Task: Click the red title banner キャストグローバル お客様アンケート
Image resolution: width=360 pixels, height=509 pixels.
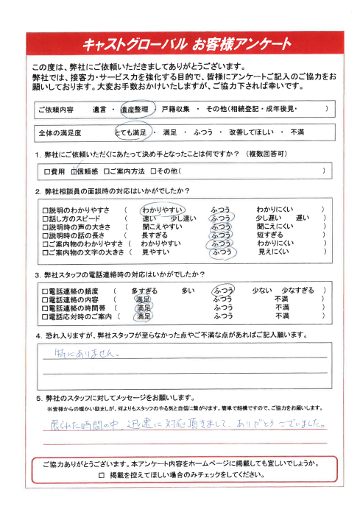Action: click(180, 46)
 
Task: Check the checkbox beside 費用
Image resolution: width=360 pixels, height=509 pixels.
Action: click(48, 171)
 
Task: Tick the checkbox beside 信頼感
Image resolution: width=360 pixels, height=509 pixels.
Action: click(74, 171)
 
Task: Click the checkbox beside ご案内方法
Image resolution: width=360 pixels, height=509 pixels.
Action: click(106, 171)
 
